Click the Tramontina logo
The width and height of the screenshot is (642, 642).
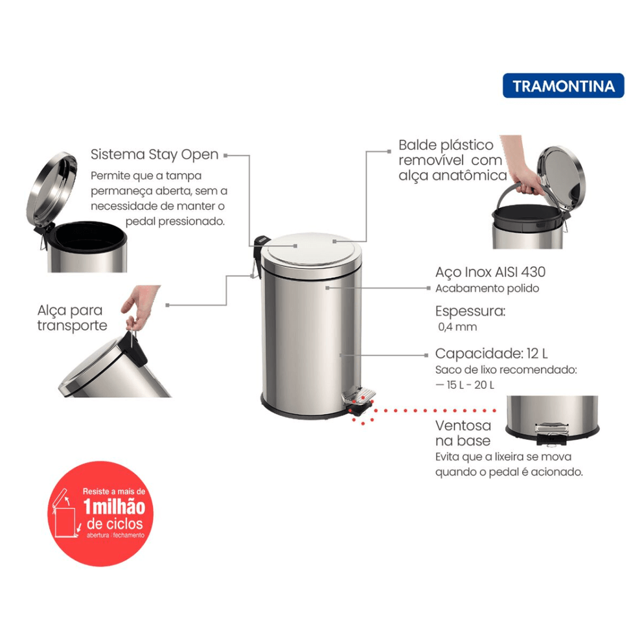tap(564, 86)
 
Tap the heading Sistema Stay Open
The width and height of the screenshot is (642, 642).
tap(154, 155)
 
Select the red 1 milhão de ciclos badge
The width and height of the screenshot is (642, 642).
tap(100, 514)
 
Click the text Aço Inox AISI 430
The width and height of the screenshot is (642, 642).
tap(490, 272)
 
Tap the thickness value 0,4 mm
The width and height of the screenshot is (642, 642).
tap(457, 327)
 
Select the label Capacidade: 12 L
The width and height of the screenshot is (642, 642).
tap(491, 353)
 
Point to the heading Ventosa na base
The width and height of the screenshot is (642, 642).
tap(463, 433)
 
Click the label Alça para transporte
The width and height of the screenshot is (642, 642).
tap(72, 317)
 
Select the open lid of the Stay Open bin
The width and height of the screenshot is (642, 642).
tap(52, 189)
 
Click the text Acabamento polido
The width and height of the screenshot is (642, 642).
tap(487, 289)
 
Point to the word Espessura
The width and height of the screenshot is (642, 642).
tap(470, 311)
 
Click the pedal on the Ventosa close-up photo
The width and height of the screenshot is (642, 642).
tap(551, 429)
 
